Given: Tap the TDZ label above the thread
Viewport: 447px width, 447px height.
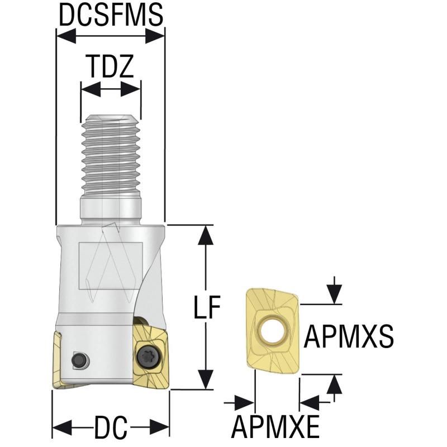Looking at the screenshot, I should pos(111,67).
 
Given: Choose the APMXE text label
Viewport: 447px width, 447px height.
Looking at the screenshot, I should pos(276,428).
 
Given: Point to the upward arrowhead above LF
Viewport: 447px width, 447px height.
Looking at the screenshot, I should pos(207,235).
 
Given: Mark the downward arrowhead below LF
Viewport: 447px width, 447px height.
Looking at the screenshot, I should pos(207,380).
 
